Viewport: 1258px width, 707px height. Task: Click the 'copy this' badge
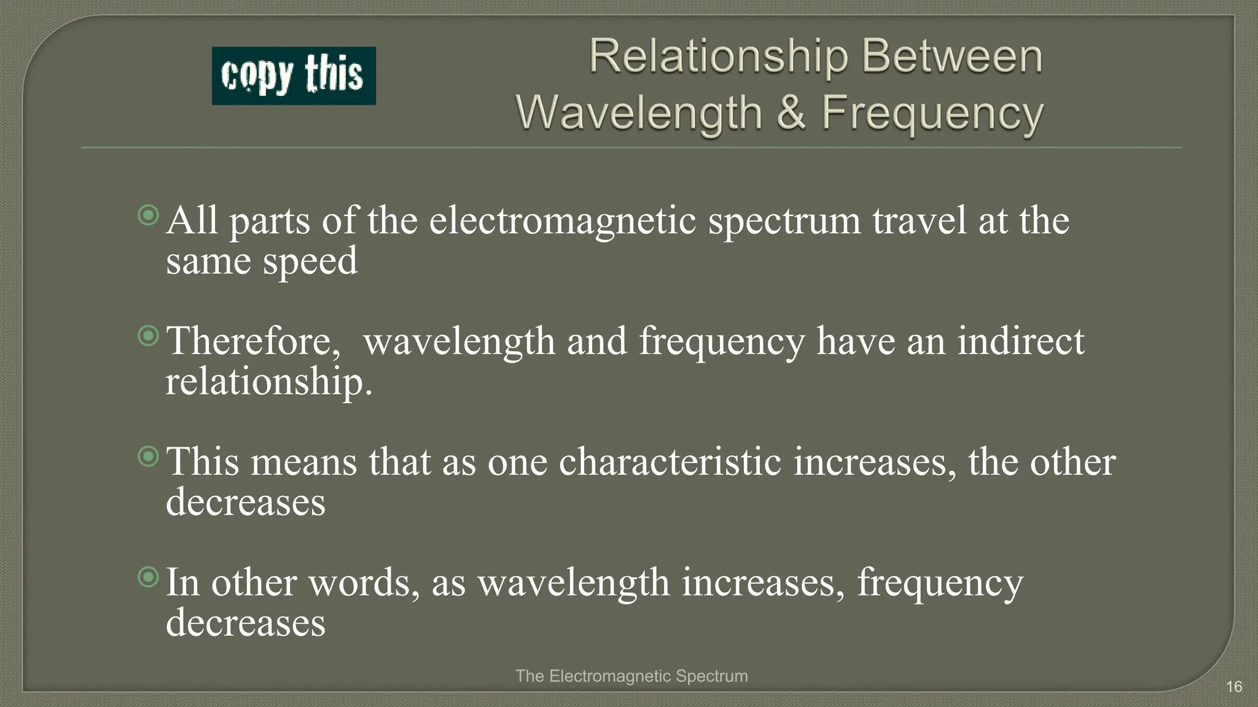coord(294,75)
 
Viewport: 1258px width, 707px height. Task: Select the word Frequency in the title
coord(932,114)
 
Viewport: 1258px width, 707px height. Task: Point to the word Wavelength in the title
coord(639,113)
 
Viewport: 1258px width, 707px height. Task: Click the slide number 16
coord(1234,686)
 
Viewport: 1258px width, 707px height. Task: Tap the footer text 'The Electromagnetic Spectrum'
coord(631,676)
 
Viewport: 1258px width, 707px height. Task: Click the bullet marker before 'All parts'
coord(148,215)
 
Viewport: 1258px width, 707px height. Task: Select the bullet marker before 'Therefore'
coord(148,336)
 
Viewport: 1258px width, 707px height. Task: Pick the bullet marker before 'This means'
coord(148,457)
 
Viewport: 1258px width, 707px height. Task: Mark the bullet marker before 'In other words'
coord(148,577)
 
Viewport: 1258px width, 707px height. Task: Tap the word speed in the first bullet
coord(310,261)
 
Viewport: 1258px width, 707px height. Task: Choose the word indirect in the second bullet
coord(1021,341)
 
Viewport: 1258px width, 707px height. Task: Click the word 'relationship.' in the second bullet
coord(269,382)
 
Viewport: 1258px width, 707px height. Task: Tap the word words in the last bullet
coord(359,582)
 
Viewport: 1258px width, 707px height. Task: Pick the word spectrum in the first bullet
coord(784,221)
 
